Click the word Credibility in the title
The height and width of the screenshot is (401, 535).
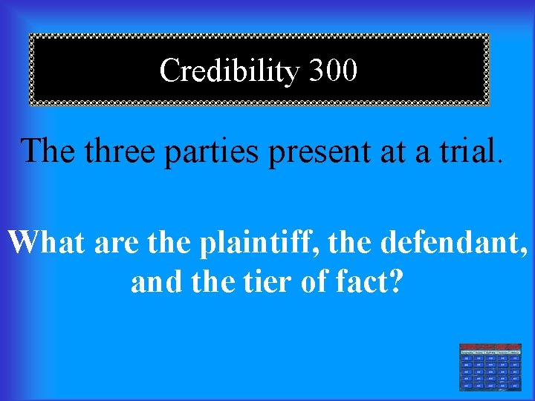(x=229, y=71)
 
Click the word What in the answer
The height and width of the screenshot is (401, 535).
(x=46, y=243)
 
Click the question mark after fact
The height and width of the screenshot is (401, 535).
(x=395, y=281)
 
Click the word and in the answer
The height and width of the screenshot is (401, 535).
(x=152, y=281)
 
